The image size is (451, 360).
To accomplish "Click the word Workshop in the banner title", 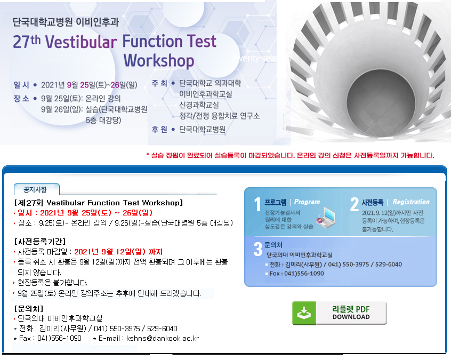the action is (159, 61).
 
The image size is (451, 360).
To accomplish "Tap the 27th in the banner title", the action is (27, 42).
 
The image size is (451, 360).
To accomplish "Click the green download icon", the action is (304, 313).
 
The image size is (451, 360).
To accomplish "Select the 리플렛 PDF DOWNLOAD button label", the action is (351, 313).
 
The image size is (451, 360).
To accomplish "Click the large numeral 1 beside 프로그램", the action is (257, 204).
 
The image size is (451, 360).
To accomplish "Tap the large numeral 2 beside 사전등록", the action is (355, 204).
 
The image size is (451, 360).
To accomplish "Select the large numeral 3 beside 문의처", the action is (257, 249).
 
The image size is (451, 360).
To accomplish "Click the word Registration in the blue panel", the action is (411, 202).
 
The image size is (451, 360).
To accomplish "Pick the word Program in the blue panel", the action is (307, 202).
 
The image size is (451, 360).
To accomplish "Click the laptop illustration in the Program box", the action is (326, 217).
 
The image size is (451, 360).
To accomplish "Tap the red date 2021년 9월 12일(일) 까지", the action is (118, 252).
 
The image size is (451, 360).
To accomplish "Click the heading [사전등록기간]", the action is (40, 242).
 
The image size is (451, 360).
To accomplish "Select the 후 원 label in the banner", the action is (159, 130).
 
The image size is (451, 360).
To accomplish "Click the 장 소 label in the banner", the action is (21, 99).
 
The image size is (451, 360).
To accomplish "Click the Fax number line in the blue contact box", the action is (296, 274).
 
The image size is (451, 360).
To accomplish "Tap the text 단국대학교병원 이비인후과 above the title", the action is (66, 22).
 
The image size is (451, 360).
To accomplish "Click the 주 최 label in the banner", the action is (159, 83).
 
